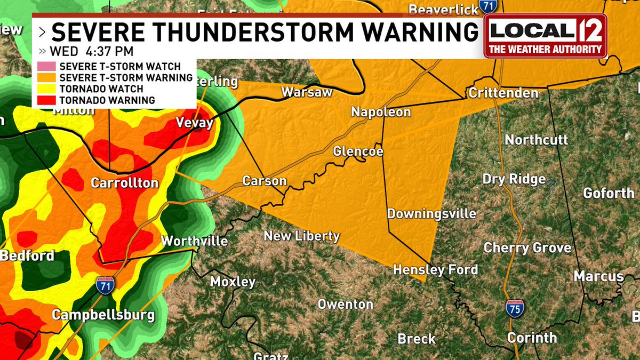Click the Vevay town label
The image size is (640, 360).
click(195, 123)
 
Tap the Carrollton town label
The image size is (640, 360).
click(125, 183)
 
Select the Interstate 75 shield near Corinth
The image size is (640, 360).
click(515, 308)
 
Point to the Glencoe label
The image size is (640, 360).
click(358, 151)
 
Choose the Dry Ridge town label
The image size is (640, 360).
click(514, 179)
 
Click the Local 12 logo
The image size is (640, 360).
click(546, 36)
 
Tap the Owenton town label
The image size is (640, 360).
click(345, 304)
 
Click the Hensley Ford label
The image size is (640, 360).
click(435, 270)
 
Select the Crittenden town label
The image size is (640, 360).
click(503, 93)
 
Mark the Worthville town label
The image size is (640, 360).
click(194, 241)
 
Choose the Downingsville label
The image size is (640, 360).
click(431, 214)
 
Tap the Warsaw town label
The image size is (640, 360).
click(307, 92)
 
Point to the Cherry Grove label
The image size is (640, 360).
click(527, 247)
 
